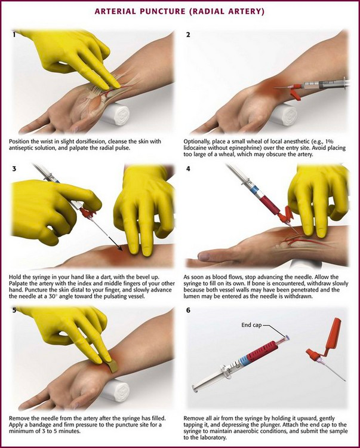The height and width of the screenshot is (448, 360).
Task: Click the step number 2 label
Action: click(188, 35)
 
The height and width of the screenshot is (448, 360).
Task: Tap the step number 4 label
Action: click(188, 169)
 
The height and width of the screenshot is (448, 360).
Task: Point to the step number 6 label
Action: click(188, 310)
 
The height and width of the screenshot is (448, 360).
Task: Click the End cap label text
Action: click(251, 325)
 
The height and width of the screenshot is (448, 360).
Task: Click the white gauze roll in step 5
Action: click(116, 391)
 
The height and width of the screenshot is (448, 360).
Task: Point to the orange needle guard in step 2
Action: click(294, 92)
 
